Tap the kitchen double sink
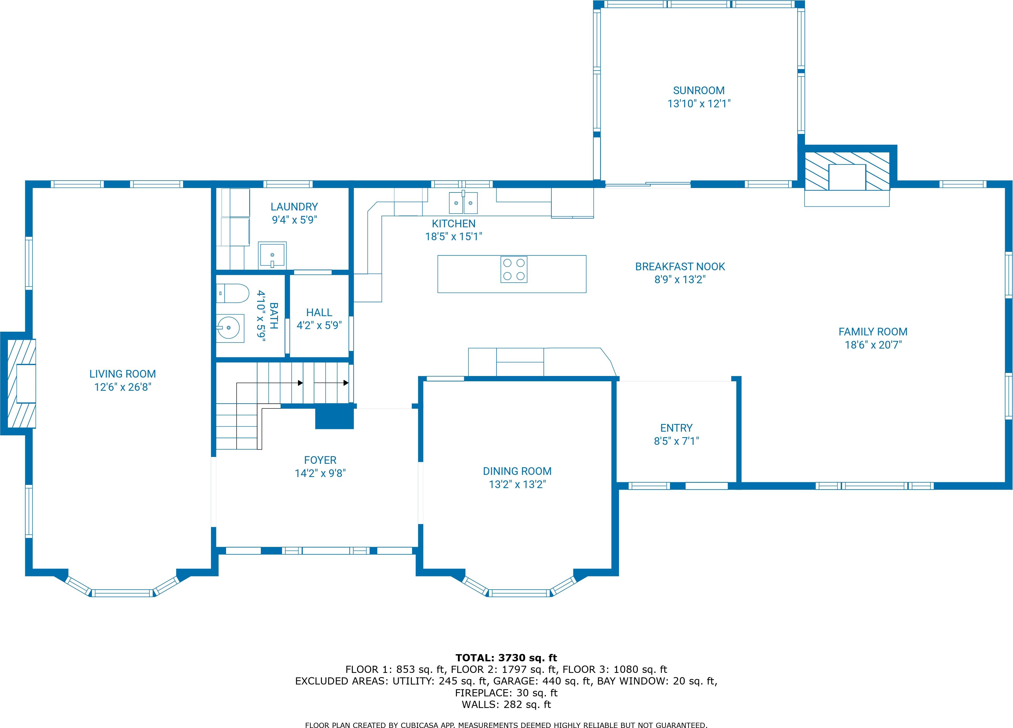[463, 203]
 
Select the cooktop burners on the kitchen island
[514, 269]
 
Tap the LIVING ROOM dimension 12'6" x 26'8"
[123, 387]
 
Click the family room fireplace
[847, 177]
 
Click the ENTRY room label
[676, 428]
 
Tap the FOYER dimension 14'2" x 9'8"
[320, 473]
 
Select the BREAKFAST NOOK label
[680, 267]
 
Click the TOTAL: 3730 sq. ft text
[506, 658]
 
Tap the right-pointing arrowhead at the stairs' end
[346, 383]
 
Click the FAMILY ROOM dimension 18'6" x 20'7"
[873, 345]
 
